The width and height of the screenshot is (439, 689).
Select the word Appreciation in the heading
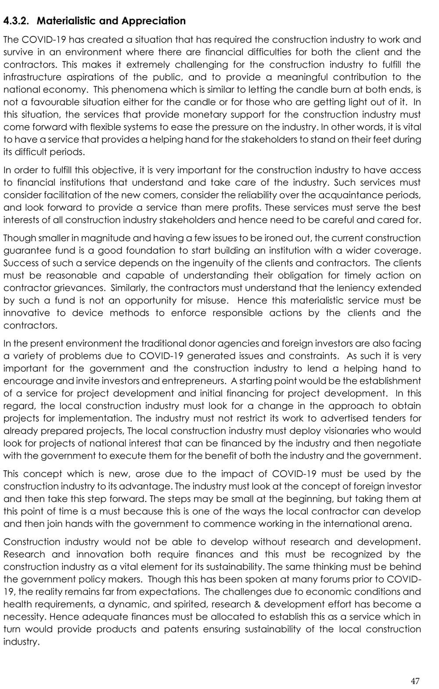[x=153, y=21]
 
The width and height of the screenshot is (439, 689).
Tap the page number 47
[x=415, y=681]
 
